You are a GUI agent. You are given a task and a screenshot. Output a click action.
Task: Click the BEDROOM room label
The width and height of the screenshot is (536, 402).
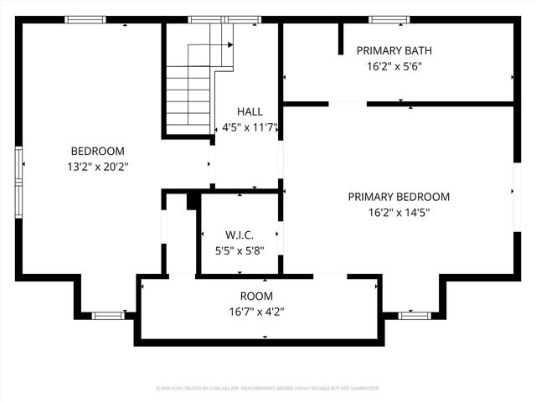97,151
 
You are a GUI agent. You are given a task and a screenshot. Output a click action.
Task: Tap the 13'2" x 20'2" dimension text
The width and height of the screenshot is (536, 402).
97,167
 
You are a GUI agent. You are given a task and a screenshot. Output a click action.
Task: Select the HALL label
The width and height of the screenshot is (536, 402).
250,111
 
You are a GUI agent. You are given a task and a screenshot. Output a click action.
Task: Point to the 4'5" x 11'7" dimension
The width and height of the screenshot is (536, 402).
250,128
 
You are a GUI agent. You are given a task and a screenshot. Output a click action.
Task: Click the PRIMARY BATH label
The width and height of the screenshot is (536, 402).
394,50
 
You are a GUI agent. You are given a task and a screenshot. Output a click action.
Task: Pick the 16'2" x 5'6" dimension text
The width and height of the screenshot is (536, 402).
394,66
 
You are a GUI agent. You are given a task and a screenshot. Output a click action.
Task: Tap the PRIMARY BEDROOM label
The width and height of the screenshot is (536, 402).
399,197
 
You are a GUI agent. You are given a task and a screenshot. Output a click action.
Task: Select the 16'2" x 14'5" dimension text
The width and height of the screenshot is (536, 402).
399,213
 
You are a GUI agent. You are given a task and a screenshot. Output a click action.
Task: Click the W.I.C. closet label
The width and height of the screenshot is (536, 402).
240,234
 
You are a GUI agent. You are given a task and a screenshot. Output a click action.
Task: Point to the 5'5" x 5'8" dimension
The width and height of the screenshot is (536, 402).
240,250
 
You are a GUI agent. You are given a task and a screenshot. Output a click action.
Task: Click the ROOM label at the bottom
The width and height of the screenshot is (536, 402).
256,296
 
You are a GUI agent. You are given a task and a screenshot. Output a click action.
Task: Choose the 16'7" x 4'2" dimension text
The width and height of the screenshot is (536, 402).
256,312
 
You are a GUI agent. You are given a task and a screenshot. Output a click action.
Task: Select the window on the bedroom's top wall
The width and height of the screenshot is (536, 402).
85,20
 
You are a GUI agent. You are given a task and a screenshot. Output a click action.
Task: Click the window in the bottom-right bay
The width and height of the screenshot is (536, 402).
414,316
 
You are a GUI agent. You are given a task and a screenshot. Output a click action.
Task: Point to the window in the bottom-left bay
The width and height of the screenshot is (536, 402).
108,316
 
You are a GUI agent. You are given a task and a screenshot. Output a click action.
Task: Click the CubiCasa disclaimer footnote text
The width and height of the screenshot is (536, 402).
268,389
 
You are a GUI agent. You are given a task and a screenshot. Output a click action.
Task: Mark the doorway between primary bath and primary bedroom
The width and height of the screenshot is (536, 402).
347,104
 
